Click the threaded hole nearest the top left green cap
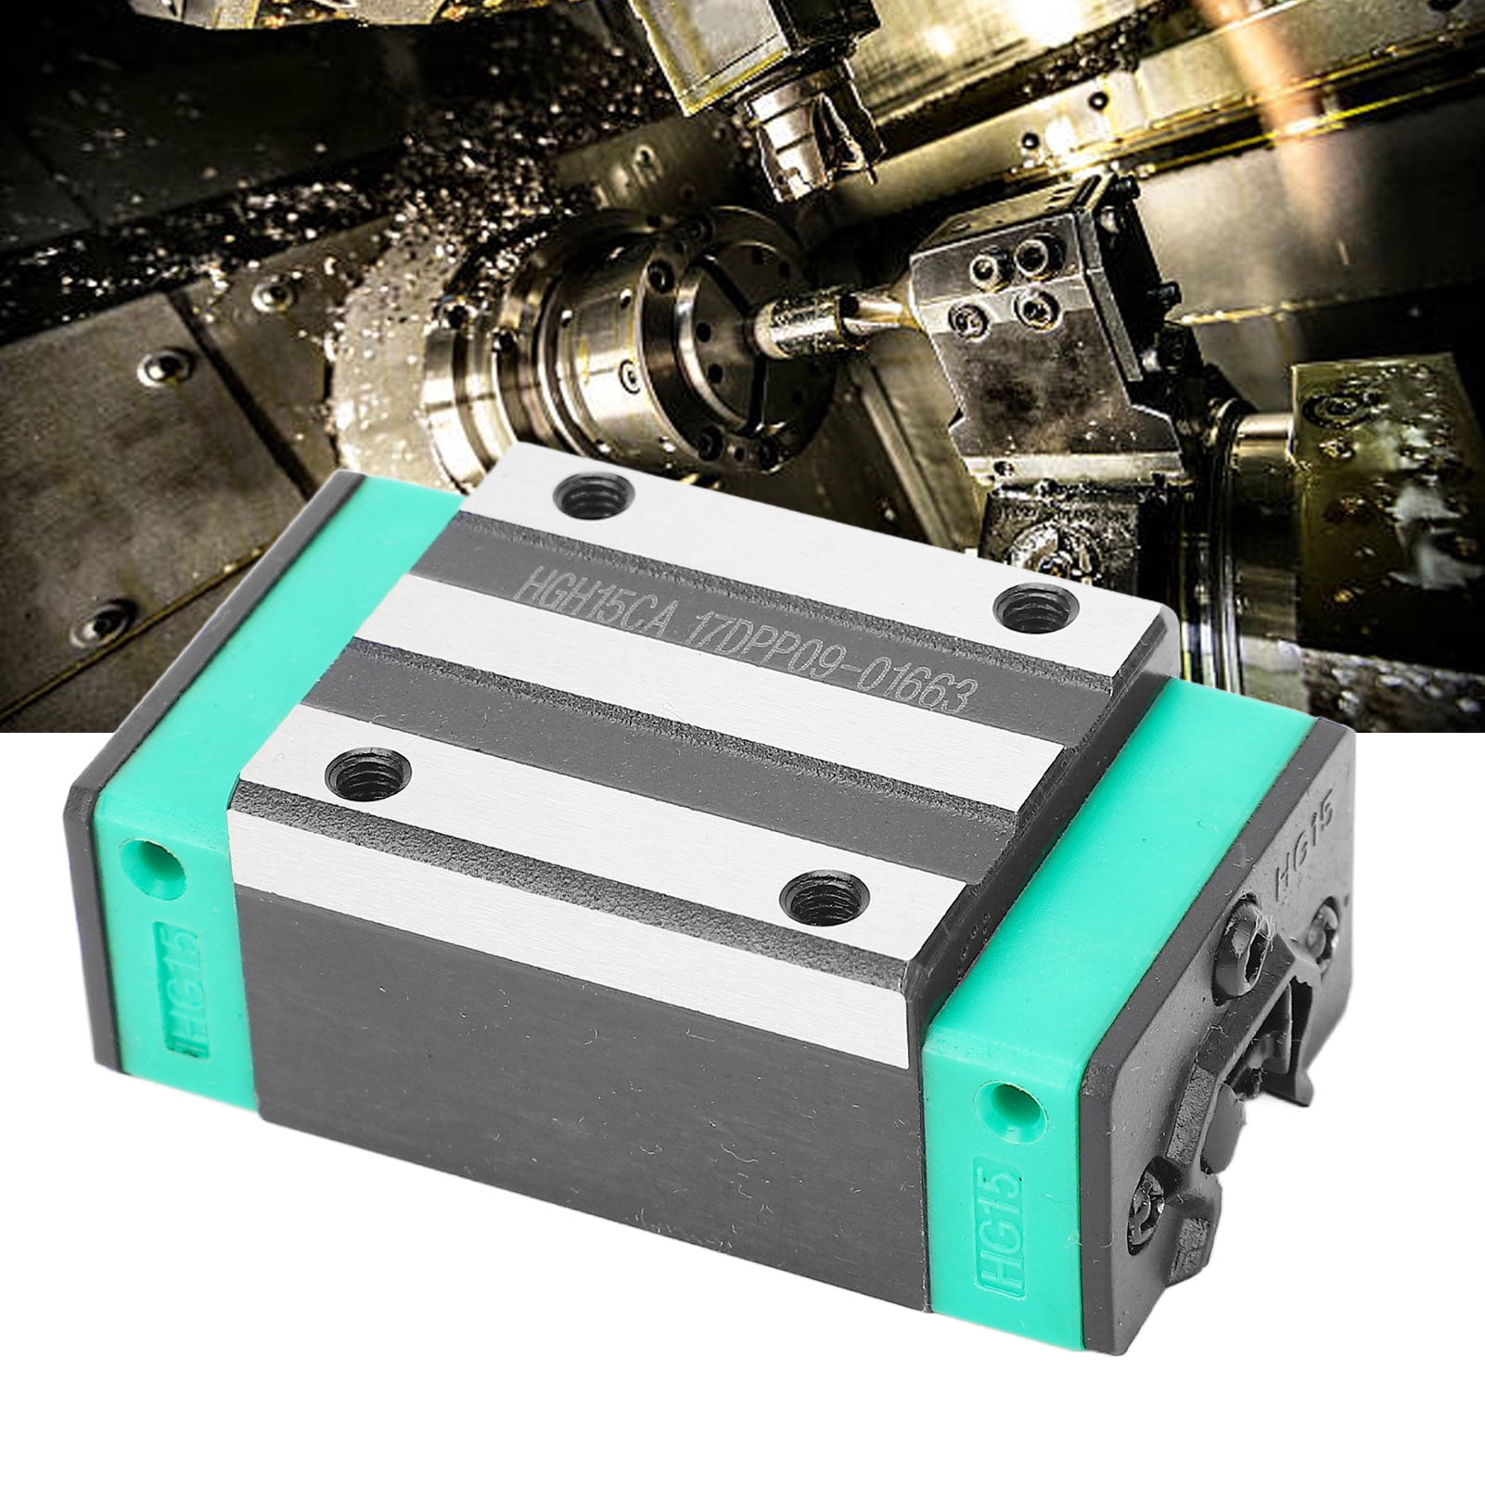(593, 500)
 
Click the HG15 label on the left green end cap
(186, 1014)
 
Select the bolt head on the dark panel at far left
(104, 619)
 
